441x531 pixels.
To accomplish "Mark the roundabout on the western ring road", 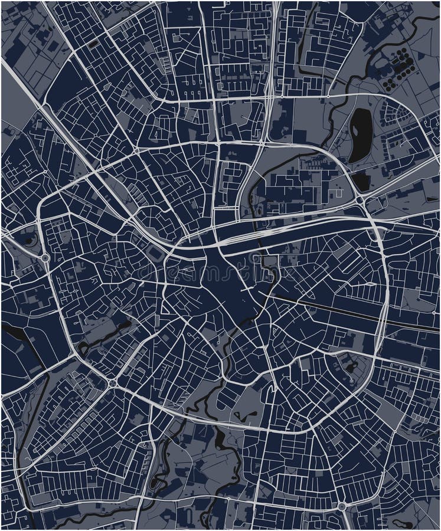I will click(x=45, y=258).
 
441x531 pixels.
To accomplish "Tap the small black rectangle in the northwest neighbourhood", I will click(x=93, y=43).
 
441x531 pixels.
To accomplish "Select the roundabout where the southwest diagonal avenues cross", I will click(x=112, y=383).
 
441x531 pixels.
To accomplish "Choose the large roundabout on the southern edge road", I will click(x=341, y=506).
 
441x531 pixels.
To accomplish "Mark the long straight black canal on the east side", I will click(x=354, y=313).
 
